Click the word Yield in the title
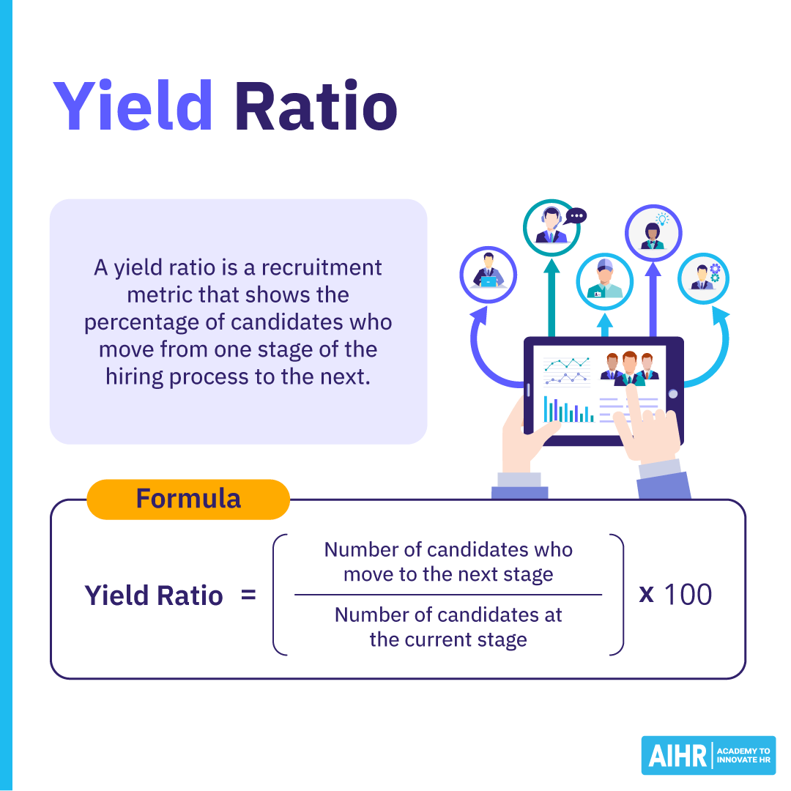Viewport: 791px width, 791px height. pos(133,107)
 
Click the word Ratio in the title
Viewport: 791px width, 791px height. pos(316,107)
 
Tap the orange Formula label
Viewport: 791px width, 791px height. pos(188,499)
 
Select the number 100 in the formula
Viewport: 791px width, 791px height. pos(687,594)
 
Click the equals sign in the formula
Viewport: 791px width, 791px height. pos(248,595)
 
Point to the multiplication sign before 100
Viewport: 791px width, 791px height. pos(646,593)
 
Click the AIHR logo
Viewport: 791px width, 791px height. pos(708,754)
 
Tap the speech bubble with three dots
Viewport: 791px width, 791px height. pos(576,216)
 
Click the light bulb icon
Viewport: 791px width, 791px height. pos(663,218)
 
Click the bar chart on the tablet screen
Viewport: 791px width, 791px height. pos(568,410)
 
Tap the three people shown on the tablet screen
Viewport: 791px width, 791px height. pos(629,366)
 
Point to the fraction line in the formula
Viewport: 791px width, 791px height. pos(448,595)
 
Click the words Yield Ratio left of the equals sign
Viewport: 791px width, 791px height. pos(154,595)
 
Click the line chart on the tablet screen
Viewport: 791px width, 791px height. pos(567,370)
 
